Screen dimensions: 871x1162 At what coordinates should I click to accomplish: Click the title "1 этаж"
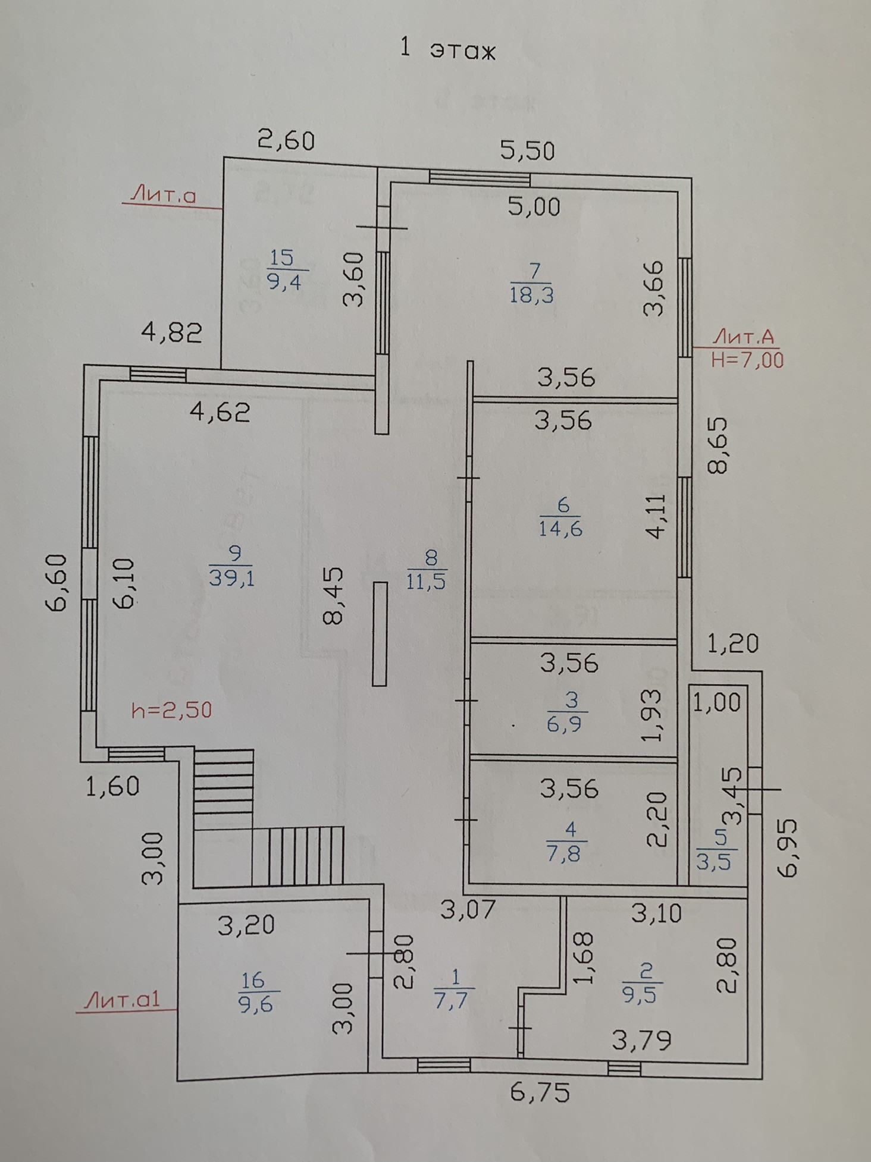pyautogui.click(x=447, y=50)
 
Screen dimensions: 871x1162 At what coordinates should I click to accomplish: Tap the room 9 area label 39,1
pyautogui.click(x=232, y=577)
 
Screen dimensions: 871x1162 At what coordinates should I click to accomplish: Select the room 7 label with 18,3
pyautogui.click(x=531, y=294)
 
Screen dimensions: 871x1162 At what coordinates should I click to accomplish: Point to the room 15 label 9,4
pyautogui.click(x=284, y=279)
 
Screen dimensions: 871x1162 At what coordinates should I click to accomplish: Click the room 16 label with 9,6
pyautogui.click(x=256, y=1004)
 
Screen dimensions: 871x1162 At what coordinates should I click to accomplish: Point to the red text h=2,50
pyautogui.click(x=171, y=710)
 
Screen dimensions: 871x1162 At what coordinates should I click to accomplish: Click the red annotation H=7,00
pyautogui.click(x=748, y=360)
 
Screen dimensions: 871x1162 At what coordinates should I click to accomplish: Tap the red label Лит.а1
pyautogui.click(x=123, y=999)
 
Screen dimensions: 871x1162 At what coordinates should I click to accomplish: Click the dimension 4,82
pyautogui.click(x=171, y=332)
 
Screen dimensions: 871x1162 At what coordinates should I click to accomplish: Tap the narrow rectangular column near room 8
pyautogui.click(x=380, y=633)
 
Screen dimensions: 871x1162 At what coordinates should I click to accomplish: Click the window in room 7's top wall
pyautogui.click(x=480, y=177)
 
